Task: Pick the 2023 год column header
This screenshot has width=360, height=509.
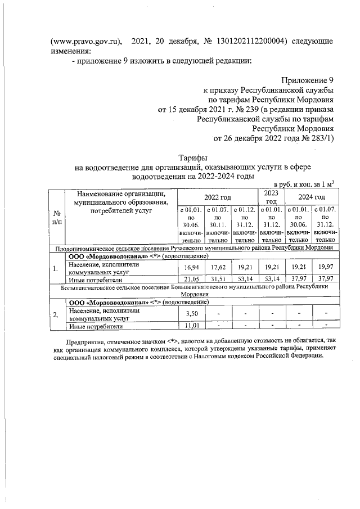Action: click(271, 197)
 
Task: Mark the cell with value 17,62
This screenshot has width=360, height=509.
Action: click(217, 269)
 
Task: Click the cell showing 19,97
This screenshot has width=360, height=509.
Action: click(325, 269)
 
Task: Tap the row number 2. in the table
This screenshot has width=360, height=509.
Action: click(56, 315)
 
